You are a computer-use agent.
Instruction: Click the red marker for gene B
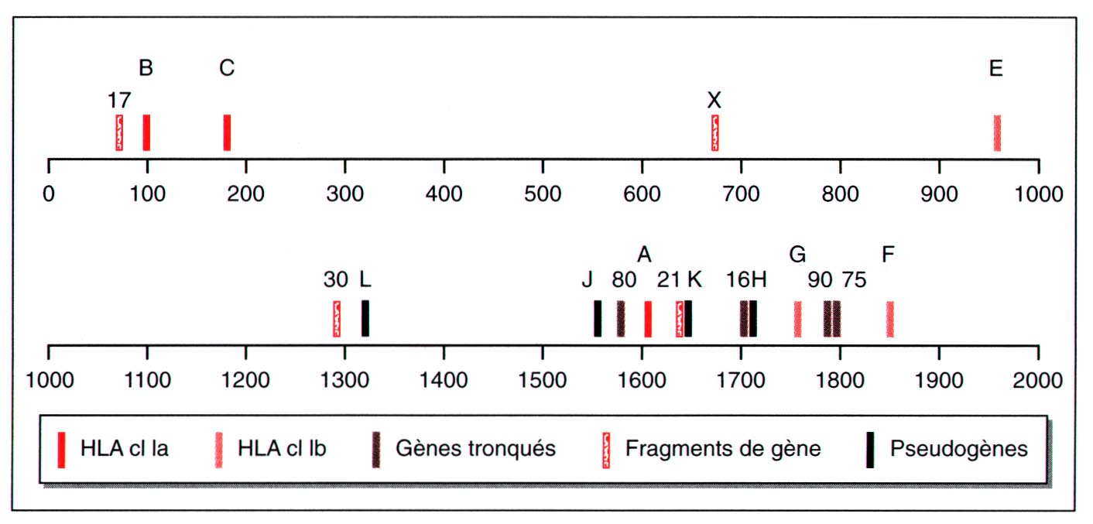pos(146,132)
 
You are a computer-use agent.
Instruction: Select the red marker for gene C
pos(227,132)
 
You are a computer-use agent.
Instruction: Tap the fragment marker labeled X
pos(714,132)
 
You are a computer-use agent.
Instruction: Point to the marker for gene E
pos(997,132)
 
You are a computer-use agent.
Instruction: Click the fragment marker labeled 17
pos(119,132)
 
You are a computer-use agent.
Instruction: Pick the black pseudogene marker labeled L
pos(365,318)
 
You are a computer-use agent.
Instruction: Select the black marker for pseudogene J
pos(598,318)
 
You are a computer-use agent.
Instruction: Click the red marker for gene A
pos(648,318)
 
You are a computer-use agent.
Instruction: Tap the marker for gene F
pos(889,318)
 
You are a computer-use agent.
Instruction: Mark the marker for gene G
pos(797,318)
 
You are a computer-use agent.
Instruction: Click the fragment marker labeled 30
pos(337,318)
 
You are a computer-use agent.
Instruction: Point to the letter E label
pos(996,68)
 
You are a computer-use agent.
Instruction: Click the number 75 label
pos(854,280)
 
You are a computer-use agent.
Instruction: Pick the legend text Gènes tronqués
pos(475,449)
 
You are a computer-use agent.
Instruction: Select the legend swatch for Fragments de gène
pos(607,450)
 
